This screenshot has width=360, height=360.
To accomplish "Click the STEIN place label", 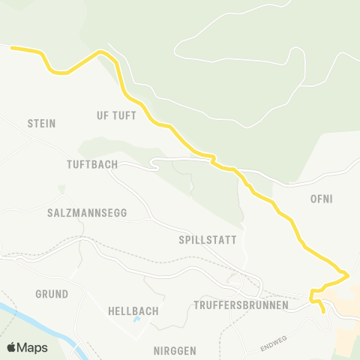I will [42, 123].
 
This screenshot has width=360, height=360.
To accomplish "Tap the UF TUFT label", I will [116, 115].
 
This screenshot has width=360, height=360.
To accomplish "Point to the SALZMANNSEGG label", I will [87, 213].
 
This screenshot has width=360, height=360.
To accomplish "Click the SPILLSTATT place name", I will [208, 240].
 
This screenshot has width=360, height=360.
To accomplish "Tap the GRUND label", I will [52, 293].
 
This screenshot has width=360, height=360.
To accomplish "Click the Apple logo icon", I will [11, 347].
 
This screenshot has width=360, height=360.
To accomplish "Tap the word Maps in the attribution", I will [32, 348].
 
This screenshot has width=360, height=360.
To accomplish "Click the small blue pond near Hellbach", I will [136, 320].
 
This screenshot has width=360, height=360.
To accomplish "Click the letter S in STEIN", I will [30, 123].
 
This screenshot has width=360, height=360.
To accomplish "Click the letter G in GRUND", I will [38, 293].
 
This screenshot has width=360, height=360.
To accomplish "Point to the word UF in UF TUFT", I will [102, 115].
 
